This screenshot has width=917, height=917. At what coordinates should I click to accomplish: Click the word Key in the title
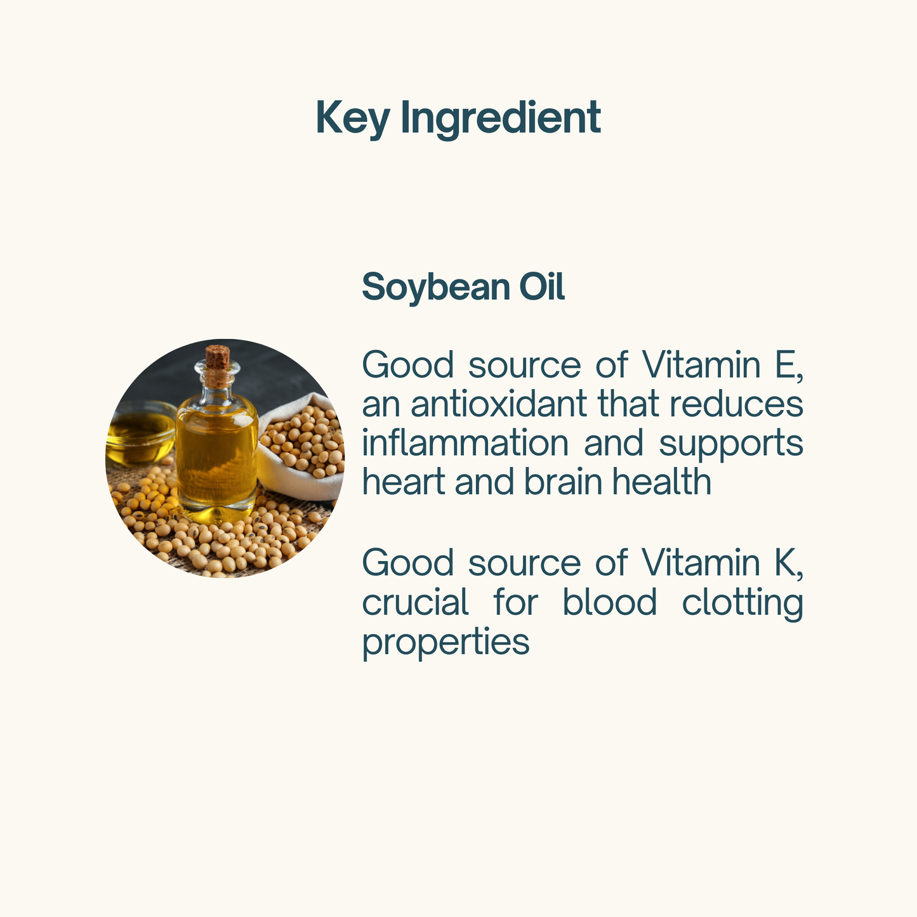(353, 119)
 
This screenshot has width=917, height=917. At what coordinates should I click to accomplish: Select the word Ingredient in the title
(501, 119)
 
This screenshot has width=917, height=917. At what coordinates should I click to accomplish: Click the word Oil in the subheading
(541, 286)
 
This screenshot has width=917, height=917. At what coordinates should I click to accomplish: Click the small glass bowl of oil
(140, 433)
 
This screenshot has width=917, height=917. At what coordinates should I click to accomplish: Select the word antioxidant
(498, 404)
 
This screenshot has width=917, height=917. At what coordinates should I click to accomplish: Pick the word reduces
(736, 404)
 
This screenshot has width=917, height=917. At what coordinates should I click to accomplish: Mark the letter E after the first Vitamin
(785, 365)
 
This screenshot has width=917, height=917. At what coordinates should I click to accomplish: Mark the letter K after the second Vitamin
(785, 563)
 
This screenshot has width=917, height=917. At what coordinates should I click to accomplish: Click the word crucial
(416, 602)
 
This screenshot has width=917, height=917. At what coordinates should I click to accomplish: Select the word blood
(610, 602)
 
